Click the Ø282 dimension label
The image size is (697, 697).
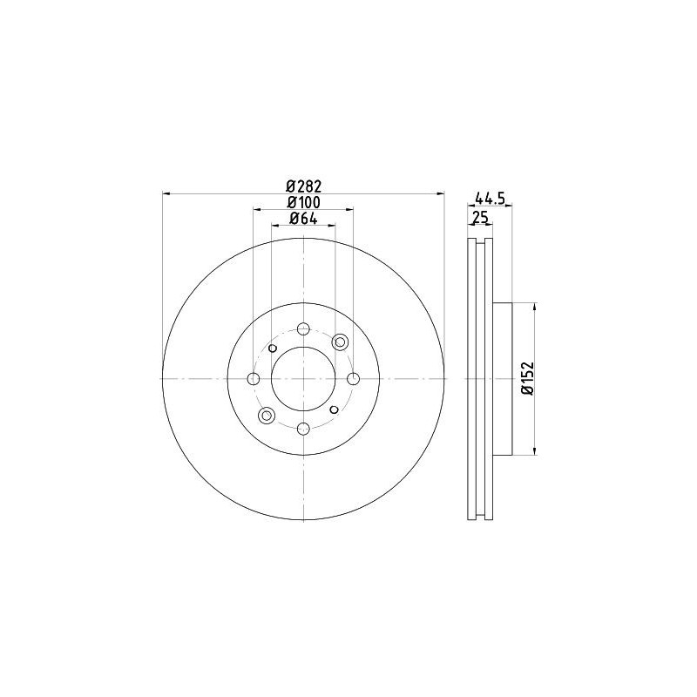tap(304, 186)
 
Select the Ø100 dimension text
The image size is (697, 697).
tap(304, 202)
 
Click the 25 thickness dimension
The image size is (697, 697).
tap(479, 217)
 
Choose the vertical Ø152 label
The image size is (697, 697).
tap(526, 379)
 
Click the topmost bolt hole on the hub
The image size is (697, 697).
tap(303, 328)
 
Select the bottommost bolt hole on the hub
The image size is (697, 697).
tap(303, 429)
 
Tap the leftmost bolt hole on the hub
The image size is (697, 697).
tap(254, 379)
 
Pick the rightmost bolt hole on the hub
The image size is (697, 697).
tap(354, 379)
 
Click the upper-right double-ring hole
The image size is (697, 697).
tap(340, 342)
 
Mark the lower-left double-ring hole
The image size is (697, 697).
tap(267, 416)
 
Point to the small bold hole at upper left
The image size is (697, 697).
tap(273, 348)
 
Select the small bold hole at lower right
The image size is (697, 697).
tap(334, 409)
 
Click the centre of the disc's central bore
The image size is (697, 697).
tap(303, 379)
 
